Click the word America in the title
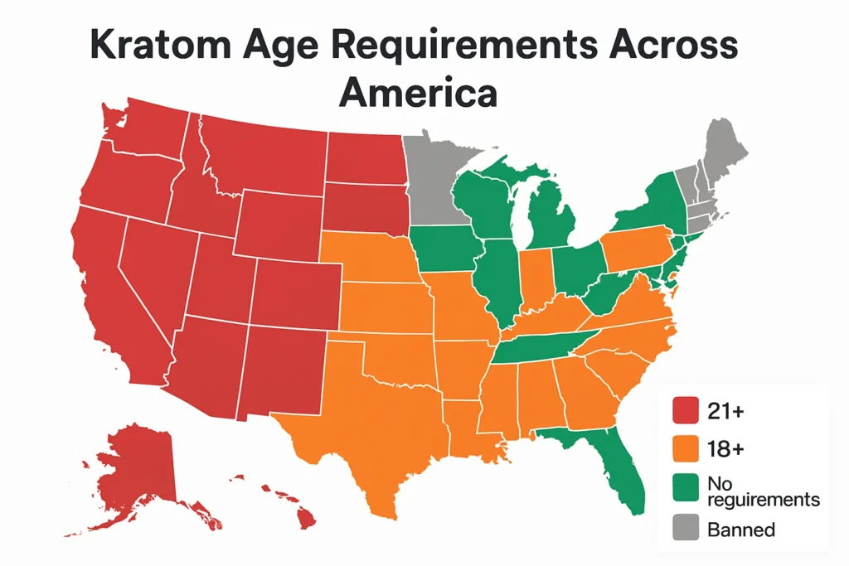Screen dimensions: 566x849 point(418,93)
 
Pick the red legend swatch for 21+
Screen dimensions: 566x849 point(685,409)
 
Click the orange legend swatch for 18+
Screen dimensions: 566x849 point(685,448)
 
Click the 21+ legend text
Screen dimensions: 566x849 point(725,409)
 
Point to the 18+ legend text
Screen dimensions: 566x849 point(725,448)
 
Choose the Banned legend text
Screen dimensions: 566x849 point(740,530)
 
